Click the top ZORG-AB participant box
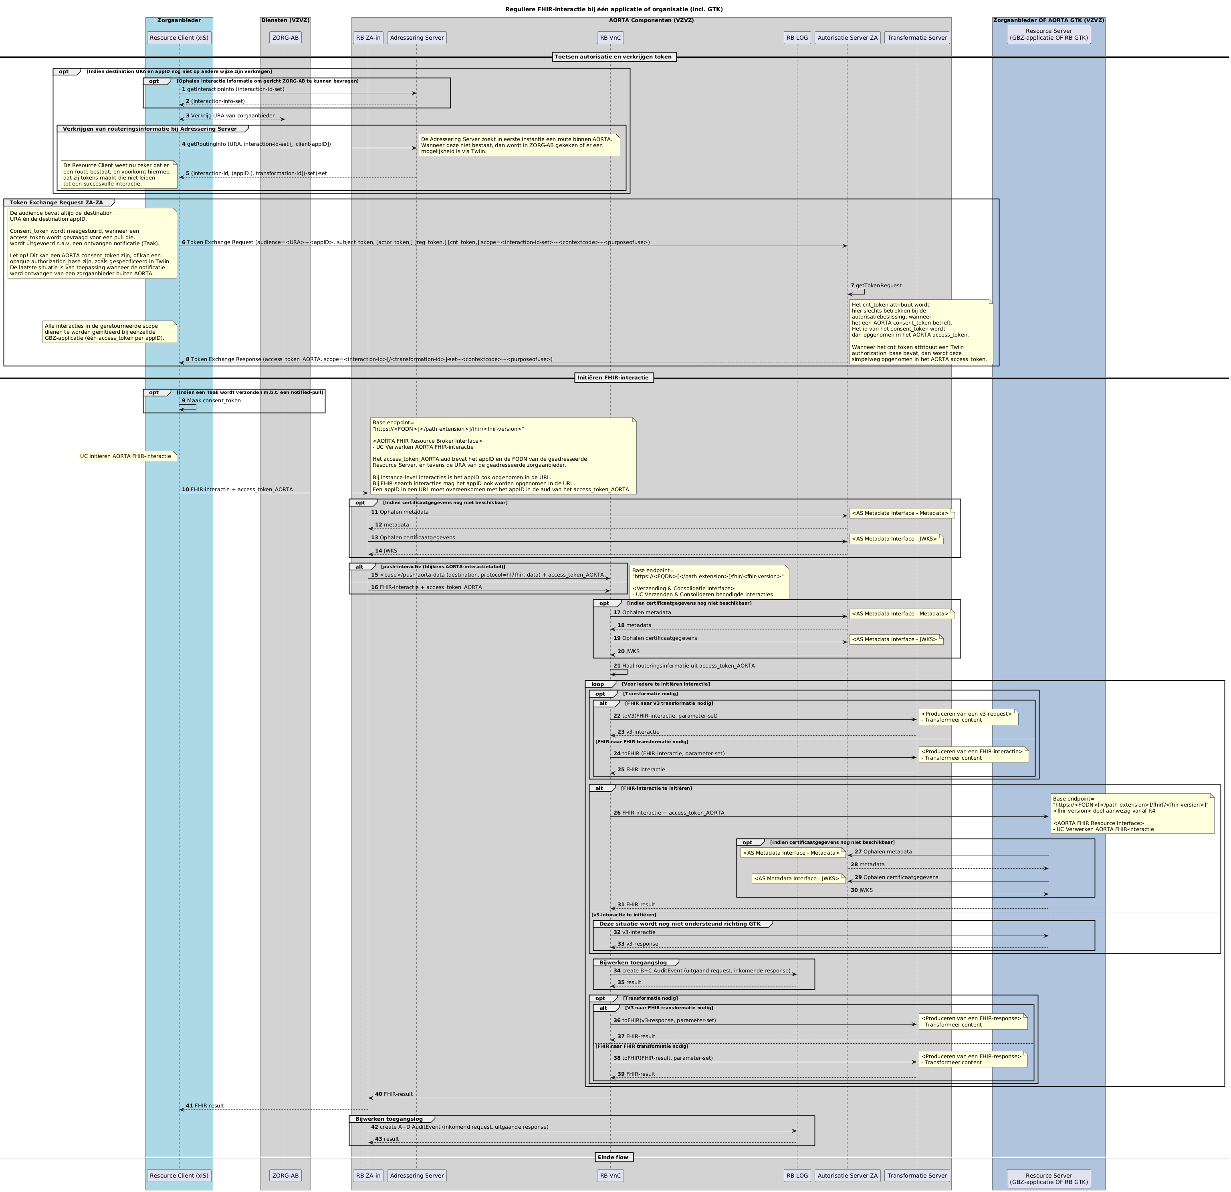pyautogui.click(x=285, y=38)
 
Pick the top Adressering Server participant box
pyautogui.click(x=416, y=38)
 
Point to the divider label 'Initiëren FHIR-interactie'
pyautogui.click(x=614, y=377)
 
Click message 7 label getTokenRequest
pyautogui.click(x=878, y=286)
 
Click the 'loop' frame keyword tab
pyautogui.click(x=597, y=684)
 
